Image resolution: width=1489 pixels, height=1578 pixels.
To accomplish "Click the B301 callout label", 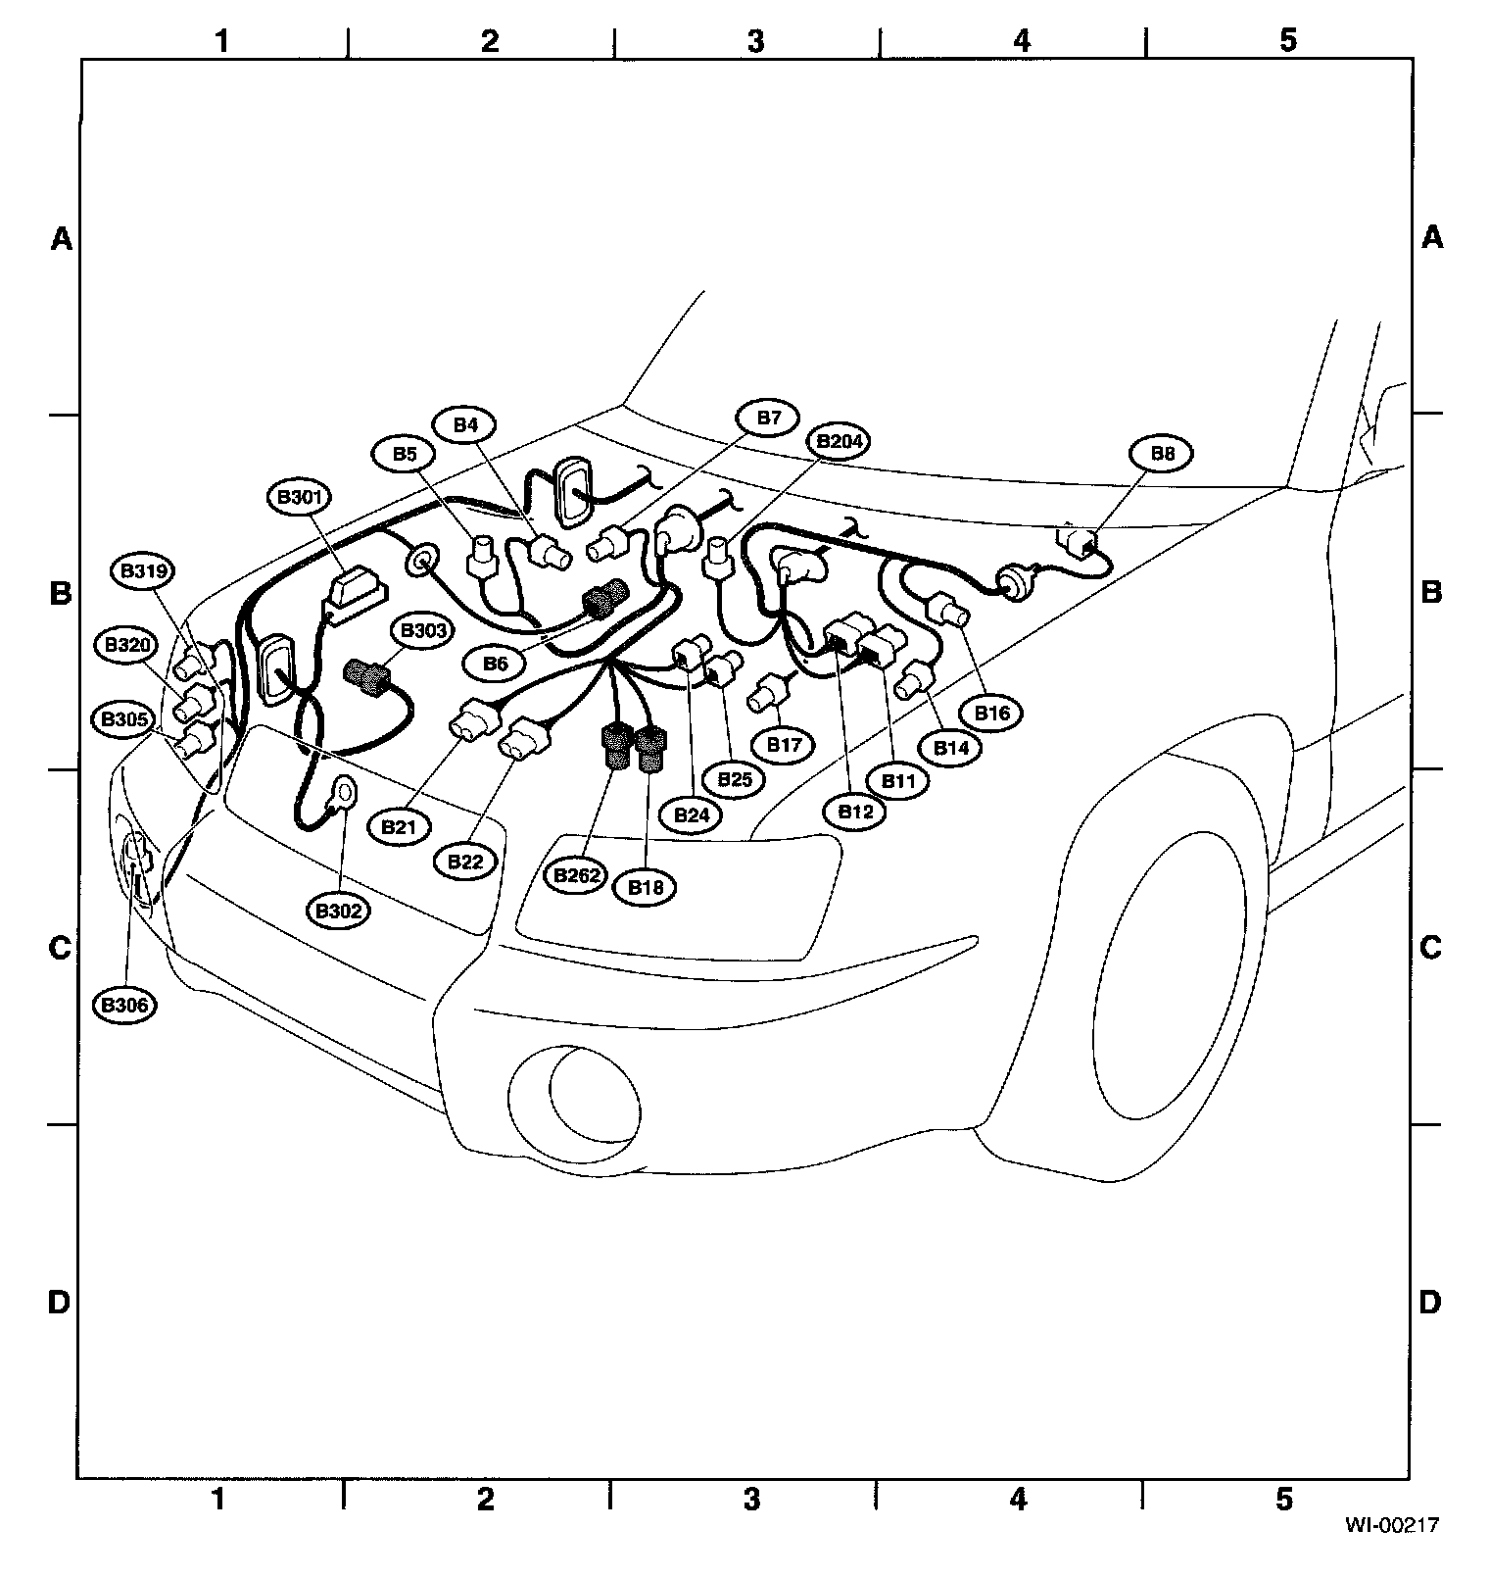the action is (x=299, y=497).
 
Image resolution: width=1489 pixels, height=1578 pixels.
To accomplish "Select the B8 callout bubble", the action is (x=1162, y=454).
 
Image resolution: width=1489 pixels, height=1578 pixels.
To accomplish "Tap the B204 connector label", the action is (x=840, y=442).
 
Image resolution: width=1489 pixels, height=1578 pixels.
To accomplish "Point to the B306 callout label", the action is (x=125, y=1005).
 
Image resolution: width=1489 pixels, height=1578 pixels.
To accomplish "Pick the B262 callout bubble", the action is (x=576, y=875).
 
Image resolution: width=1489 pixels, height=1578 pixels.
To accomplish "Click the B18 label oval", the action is (x=645, y=887).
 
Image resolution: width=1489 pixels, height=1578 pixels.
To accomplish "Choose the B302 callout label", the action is (x=339, y=911).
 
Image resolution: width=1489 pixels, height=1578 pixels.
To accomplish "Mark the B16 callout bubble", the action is (x=991, y=713).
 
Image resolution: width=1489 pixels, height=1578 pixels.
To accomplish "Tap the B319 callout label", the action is (x=143, y=571).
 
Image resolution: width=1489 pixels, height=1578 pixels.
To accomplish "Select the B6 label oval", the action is (x=496, y=664).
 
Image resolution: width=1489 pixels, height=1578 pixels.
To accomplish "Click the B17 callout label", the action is (x=784, y=745).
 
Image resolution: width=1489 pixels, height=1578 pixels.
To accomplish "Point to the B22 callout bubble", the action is (x=465, y=862).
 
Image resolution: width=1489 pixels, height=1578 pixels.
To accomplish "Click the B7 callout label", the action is (x=769, y=419).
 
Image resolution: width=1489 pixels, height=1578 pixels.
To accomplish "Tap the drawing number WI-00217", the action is (x=1390, y=1524).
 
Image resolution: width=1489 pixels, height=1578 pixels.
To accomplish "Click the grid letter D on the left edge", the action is (x=60, y=1303).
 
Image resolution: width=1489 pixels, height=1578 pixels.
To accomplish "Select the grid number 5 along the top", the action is (x=1287, y=41).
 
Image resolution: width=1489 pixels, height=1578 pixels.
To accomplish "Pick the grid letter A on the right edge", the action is (x=1431, y=238).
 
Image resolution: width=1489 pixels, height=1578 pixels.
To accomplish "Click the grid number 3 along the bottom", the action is (x=751, y=1500).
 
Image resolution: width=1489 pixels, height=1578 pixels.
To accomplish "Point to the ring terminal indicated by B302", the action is (x=345, y=789).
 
